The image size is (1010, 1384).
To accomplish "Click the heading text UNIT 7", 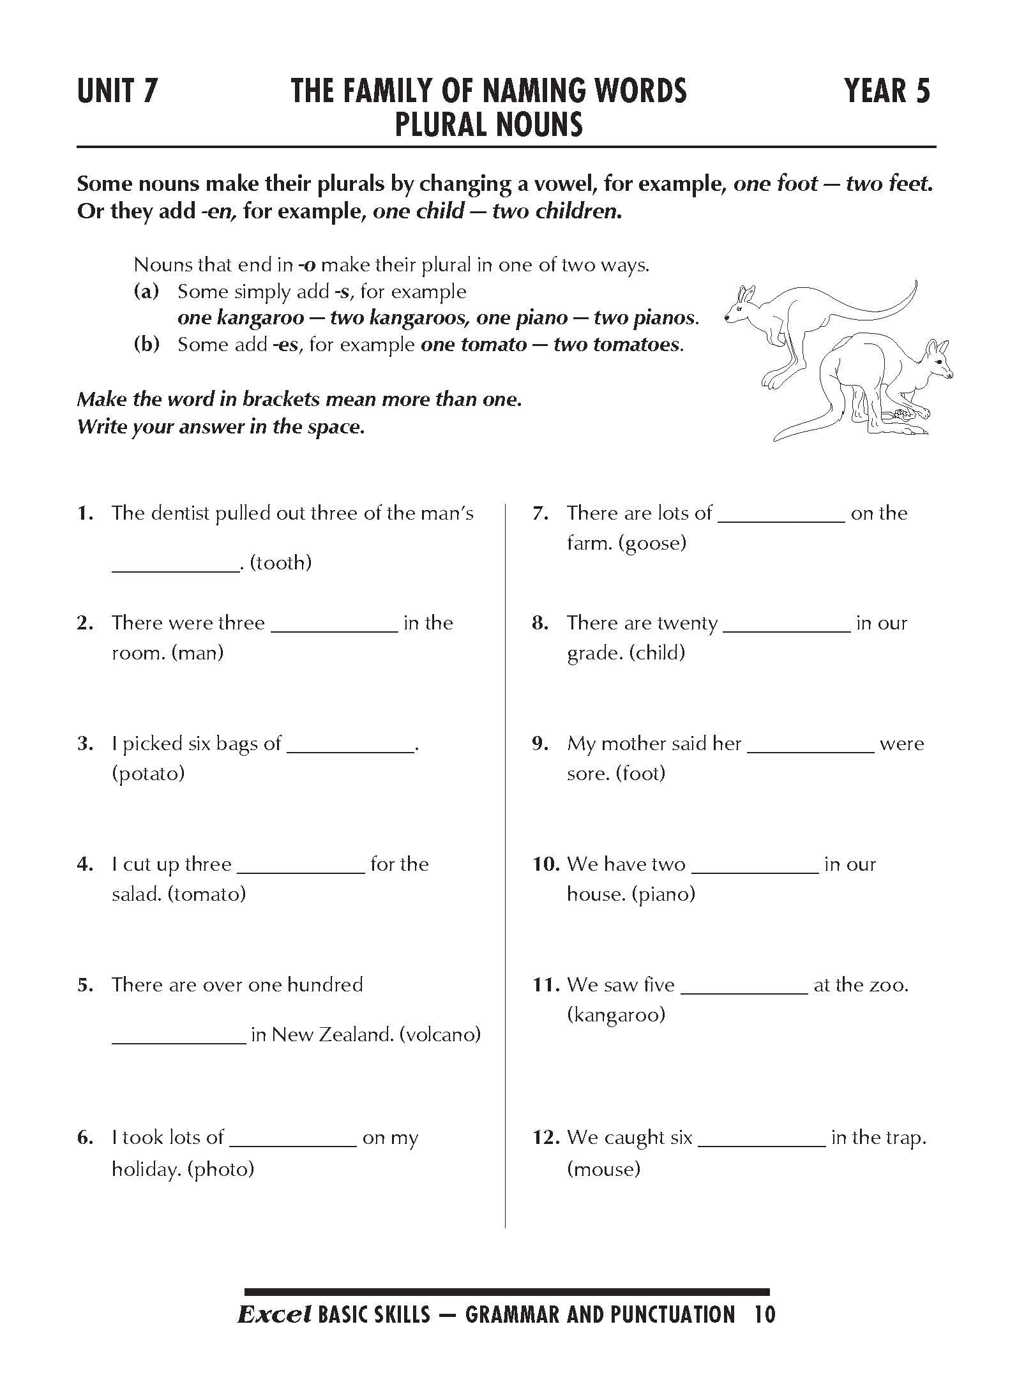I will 117,91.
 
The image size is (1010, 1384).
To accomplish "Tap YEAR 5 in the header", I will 887,91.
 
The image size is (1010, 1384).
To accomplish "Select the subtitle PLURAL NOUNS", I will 489,124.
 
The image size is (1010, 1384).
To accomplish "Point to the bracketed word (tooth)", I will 281,562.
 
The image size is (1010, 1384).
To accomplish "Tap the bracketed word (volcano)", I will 440,1035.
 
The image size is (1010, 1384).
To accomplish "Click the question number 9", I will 541,744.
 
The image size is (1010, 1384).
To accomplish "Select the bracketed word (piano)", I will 664,894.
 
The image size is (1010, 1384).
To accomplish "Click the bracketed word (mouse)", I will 603,1170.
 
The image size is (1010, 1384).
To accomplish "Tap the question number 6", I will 86,1138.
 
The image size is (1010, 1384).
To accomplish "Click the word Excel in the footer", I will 274,1315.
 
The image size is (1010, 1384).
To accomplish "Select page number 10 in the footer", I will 764,1315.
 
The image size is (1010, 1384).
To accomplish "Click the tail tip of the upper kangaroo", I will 914,282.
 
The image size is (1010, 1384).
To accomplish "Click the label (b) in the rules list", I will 146,345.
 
